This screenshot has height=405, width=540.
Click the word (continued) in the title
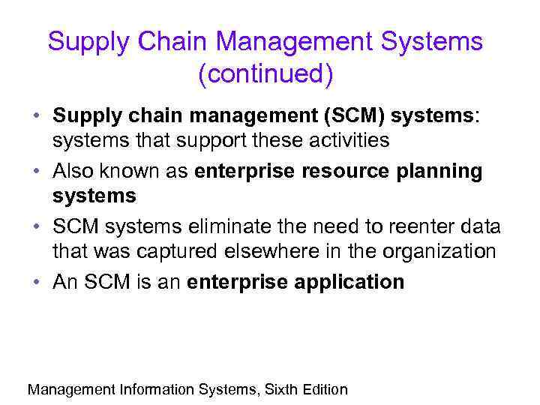point(265,75)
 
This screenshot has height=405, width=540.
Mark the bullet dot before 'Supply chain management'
point(37,117)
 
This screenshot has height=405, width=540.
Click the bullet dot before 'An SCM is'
point(37,283)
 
